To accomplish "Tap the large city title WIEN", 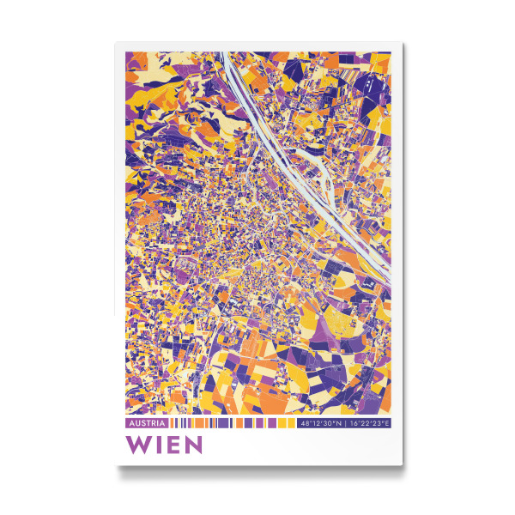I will point(164,445).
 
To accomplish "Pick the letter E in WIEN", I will point(172,445).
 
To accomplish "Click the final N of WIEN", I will point(192,445).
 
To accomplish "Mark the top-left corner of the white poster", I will point(116,43).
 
